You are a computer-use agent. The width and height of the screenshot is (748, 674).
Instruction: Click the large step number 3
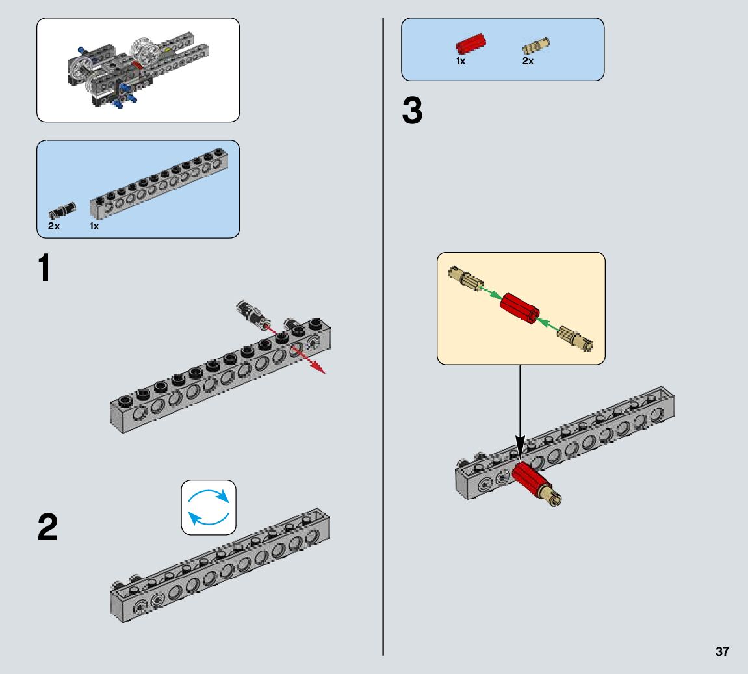click(x=412, y=112)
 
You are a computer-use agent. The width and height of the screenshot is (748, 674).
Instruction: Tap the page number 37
click(x=722, y=652)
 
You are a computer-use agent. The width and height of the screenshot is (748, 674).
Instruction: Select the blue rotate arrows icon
click(x=209, y=508)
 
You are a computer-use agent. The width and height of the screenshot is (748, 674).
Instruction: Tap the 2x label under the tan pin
click(x=528, y=61)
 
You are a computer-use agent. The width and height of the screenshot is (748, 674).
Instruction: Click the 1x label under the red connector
click(x=460, y=61)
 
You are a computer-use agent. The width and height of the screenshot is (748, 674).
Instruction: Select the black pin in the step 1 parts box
click(x=62, y=211)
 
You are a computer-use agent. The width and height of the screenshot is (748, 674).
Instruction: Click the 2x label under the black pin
click(x=53, y=226)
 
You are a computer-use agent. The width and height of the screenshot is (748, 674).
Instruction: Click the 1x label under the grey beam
click(x=95, y=226)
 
